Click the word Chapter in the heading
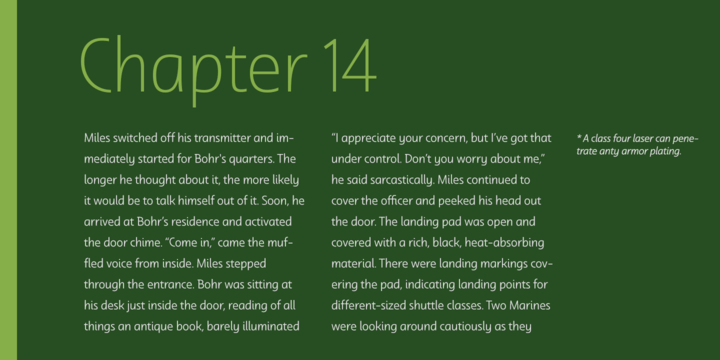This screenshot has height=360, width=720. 193,68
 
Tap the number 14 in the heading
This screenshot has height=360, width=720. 350,64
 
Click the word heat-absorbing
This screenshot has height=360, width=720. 504,243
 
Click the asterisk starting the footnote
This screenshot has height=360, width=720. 579,137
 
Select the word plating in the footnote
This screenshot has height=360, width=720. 664,152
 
